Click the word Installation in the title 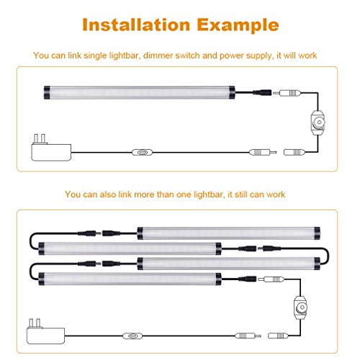136,24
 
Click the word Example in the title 238,26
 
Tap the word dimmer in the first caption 158,55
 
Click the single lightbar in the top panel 139,92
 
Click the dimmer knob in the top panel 319,122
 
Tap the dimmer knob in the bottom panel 301,307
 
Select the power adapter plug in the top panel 51,148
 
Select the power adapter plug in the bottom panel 45,331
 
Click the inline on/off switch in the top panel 142,152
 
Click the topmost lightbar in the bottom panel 229,233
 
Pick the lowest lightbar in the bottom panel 130,279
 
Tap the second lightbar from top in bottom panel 130,248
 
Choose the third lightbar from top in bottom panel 229,264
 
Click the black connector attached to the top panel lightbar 262,92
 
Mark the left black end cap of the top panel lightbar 47,92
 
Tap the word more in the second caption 144,194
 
